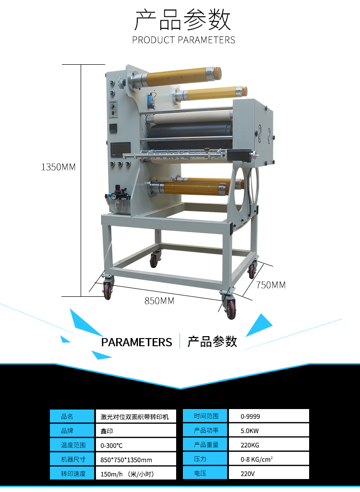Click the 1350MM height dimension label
(59, 167)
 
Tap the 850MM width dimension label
(159, 301)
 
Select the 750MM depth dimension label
(271, 285)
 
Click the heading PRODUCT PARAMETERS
(184, 40)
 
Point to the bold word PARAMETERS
(136, 342)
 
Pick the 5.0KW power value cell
(268, 430)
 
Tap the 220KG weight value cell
(268, 445)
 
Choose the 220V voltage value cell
(268, 474)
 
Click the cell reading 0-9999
(268, 416)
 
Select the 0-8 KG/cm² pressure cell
(268, 459)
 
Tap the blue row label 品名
(72, 416)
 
